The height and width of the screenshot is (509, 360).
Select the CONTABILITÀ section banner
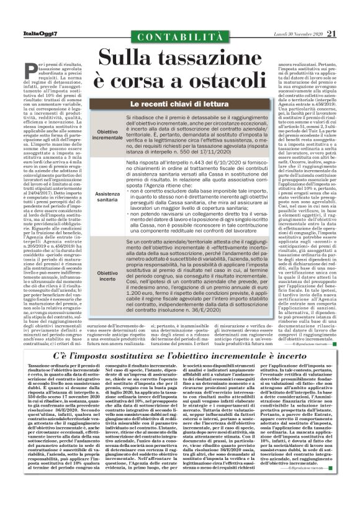[180, 39]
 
